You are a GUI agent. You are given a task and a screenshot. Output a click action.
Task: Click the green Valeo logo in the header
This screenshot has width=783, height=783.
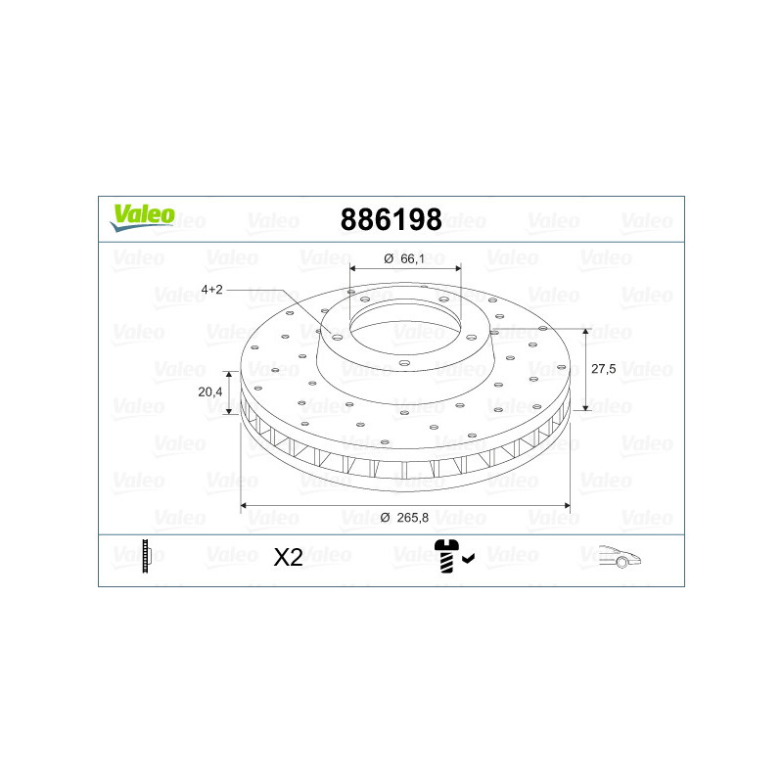coord(143,217)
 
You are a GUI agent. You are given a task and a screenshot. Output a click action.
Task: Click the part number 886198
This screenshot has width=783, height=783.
coord(391,219)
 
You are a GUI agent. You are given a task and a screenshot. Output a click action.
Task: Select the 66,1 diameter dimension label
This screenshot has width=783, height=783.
coord(412,258)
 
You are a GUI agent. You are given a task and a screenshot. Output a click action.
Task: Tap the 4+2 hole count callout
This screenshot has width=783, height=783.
coord(211,290)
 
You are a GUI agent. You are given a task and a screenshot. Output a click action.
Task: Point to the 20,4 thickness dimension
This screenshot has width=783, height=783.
coord(209,392)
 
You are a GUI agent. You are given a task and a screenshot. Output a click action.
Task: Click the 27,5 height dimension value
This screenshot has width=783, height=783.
coord(603,369)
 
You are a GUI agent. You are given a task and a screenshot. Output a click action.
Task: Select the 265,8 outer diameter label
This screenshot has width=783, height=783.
coord(412,518)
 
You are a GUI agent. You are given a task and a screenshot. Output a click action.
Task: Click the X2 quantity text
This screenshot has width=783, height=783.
coord(288,557)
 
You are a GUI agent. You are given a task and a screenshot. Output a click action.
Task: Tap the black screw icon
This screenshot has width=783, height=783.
coord(446,556)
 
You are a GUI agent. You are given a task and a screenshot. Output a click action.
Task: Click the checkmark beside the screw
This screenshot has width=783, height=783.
coord(468,558)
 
